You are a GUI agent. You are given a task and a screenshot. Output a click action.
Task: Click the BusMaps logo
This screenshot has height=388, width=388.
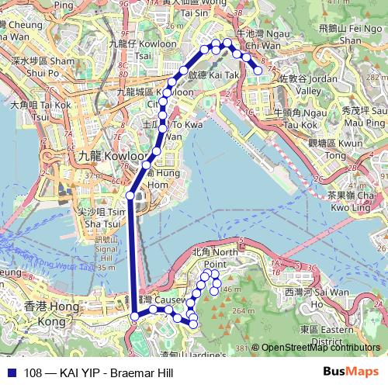click(x=355, y=371)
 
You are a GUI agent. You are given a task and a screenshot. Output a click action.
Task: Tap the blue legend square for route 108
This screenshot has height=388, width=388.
click(x=9, y=372)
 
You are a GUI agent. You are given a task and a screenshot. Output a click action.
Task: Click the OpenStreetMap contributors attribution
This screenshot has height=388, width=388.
click(x=320, y=348)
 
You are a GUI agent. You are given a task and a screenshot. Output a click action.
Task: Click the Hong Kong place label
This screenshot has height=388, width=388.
click(x=43, y=314)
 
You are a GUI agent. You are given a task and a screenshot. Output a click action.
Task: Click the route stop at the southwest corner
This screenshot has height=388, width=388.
click(x=134, y=315)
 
